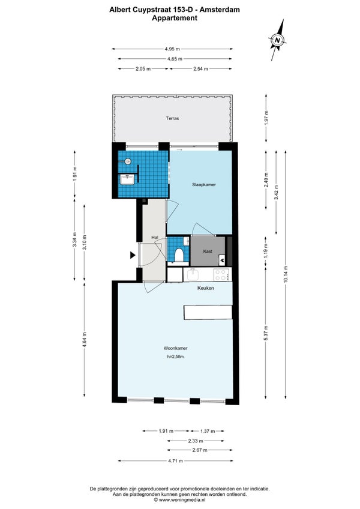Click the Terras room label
click(x=172, y=118)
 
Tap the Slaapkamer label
click(x=204, y=185)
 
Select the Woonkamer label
click(x=175, y=348)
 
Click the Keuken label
click(x=206, y=288)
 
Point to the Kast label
click(x=208, y=251)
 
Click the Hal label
click(x=155, y=238)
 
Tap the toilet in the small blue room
click(x=179, y=254)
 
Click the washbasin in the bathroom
click(x=127, y=180)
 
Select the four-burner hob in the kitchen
click(x=221, y=275)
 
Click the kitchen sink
click(x=194, y=275)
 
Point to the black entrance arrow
click(x=133, y=255)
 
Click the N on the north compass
click(x=277, y=40)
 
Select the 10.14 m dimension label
click(x=286, y=274)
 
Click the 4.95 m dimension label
click(x=172, y=49)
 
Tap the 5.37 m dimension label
click(x=266, y=333)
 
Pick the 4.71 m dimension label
click(x=175, y=460)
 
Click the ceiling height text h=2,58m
click(x=175, y=357)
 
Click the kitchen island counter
click(x=208, y=312)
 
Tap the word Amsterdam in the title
click(x=220, y=10)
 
